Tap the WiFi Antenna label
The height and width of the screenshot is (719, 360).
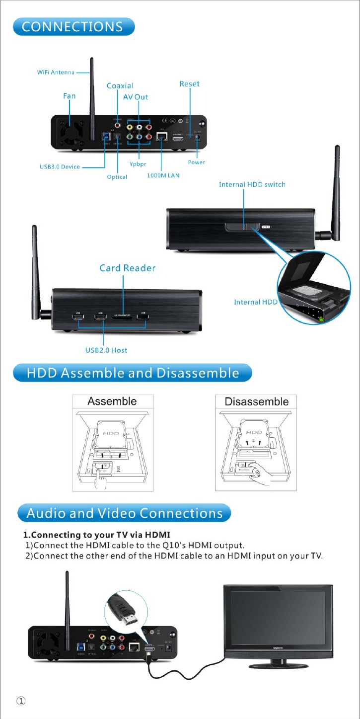(x=56, y=72)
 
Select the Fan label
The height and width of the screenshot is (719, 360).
(x=69, y=95)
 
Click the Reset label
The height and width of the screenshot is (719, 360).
(x=189, y=84)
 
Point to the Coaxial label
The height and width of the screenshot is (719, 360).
(x=120, y=86)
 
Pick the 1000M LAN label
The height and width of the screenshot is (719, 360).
(x=163, y=176)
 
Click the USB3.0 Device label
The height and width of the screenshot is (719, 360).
(x=60, y=167)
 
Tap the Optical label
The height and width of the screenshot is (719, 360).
(x=117, y=177)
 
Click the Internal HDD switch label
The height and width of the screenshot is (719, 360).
(x=252, y=184)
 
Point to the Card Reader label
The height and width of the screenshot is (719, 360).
(x=127, y=268)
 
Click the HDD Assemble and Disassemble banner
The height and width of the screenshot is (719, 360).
(x=133, y=373)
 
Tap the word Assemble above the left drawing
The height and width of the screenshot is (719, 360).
(x=112, y=401)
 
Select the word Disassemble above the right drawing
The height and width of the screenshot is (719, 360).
(x=256, y=401)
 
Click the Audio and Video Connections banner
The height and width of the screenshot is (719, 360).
(x=124, y=513)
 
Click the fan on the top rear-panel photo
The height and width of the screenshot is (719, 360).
(x=69, y=131)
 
